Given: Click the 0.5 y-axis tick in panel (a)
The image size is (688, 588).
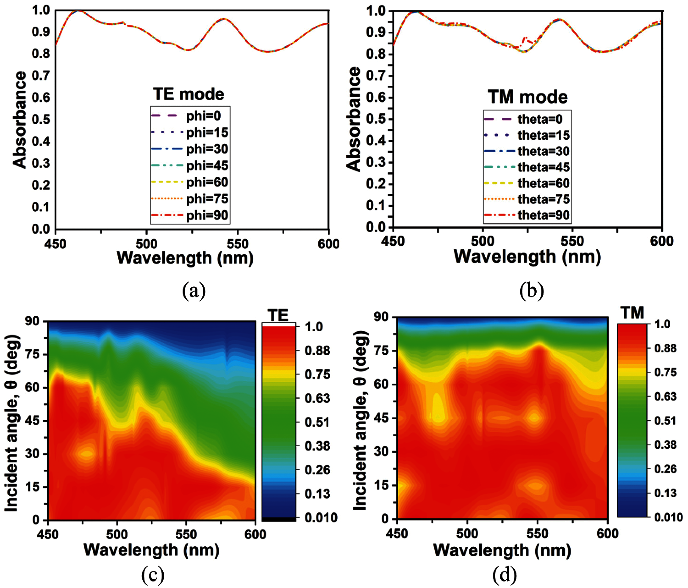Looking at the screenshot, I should click(x=41, y=119).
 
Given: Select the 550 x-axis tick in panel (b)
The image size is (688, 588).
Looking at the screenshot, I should click(x=572, y=241).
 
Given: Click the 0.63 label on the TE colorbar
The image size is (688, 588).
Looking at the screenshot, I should click(x=317, y=398).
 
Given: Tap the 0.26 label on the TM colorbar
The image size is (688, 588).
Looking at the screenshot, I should click(x=665, y=469).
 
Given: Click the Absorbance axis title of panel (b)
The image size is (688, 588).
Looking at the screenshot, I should click(x=353, y=119).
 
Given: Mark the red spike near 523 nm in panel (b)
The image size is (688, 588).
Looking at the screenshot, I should click(x=525, y=38).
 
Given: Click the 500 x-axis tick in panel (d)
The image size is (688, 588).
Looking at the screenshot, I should click(x=467, y=533).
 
